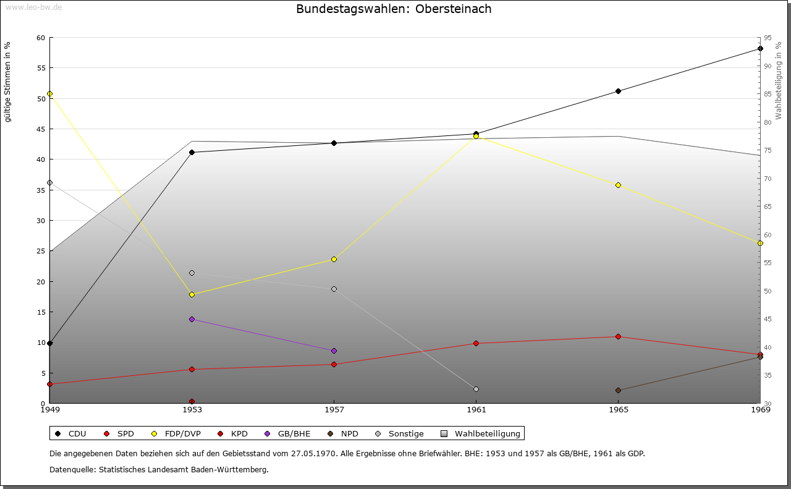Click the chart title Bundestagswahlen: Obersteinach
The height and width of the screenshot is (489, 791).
point(394,9)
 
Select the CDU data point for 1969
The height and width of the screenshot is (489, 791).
point(760,48)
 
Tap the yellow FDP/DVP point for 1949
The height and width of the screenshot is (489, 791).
point(49,94)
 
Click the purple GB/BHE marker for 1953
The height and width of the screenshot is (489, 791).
point(192,319)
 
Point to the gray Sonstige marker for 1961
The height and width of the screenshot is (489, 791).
point(476,389)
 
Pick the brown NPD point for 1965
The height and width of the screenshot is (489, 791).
point(618,390)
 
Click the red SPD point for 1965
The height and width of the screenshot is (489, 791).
point(618,336)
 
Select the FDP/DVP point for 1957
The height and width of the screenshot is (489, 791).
point(334,259)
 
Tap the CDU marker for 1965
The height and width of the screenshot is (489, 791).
point(618,91)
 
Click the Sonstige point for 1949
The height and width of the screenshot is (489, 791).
point(49,182)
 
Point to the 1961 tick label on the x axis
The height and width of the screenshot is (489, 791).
point(476,409)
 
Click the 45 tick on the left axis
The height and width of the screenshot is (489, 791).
point(41,129)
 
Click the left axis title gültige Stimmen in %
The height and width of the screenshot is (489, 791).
point(8,82)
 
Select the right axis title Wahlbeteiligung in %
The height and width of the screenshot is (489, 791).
point(779,81)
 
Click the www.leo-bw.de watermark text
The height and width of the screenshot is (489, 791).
point(33,7)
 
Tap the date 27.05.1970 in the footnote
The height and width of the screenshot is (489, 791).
point(313,453)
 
